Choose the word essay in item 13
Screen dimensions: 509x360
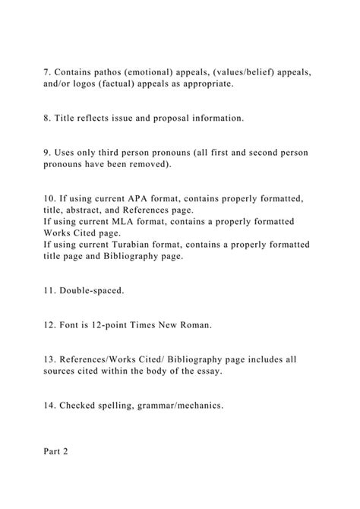[207, 371]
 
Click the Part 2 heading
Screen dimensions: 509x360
[56, 452]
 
